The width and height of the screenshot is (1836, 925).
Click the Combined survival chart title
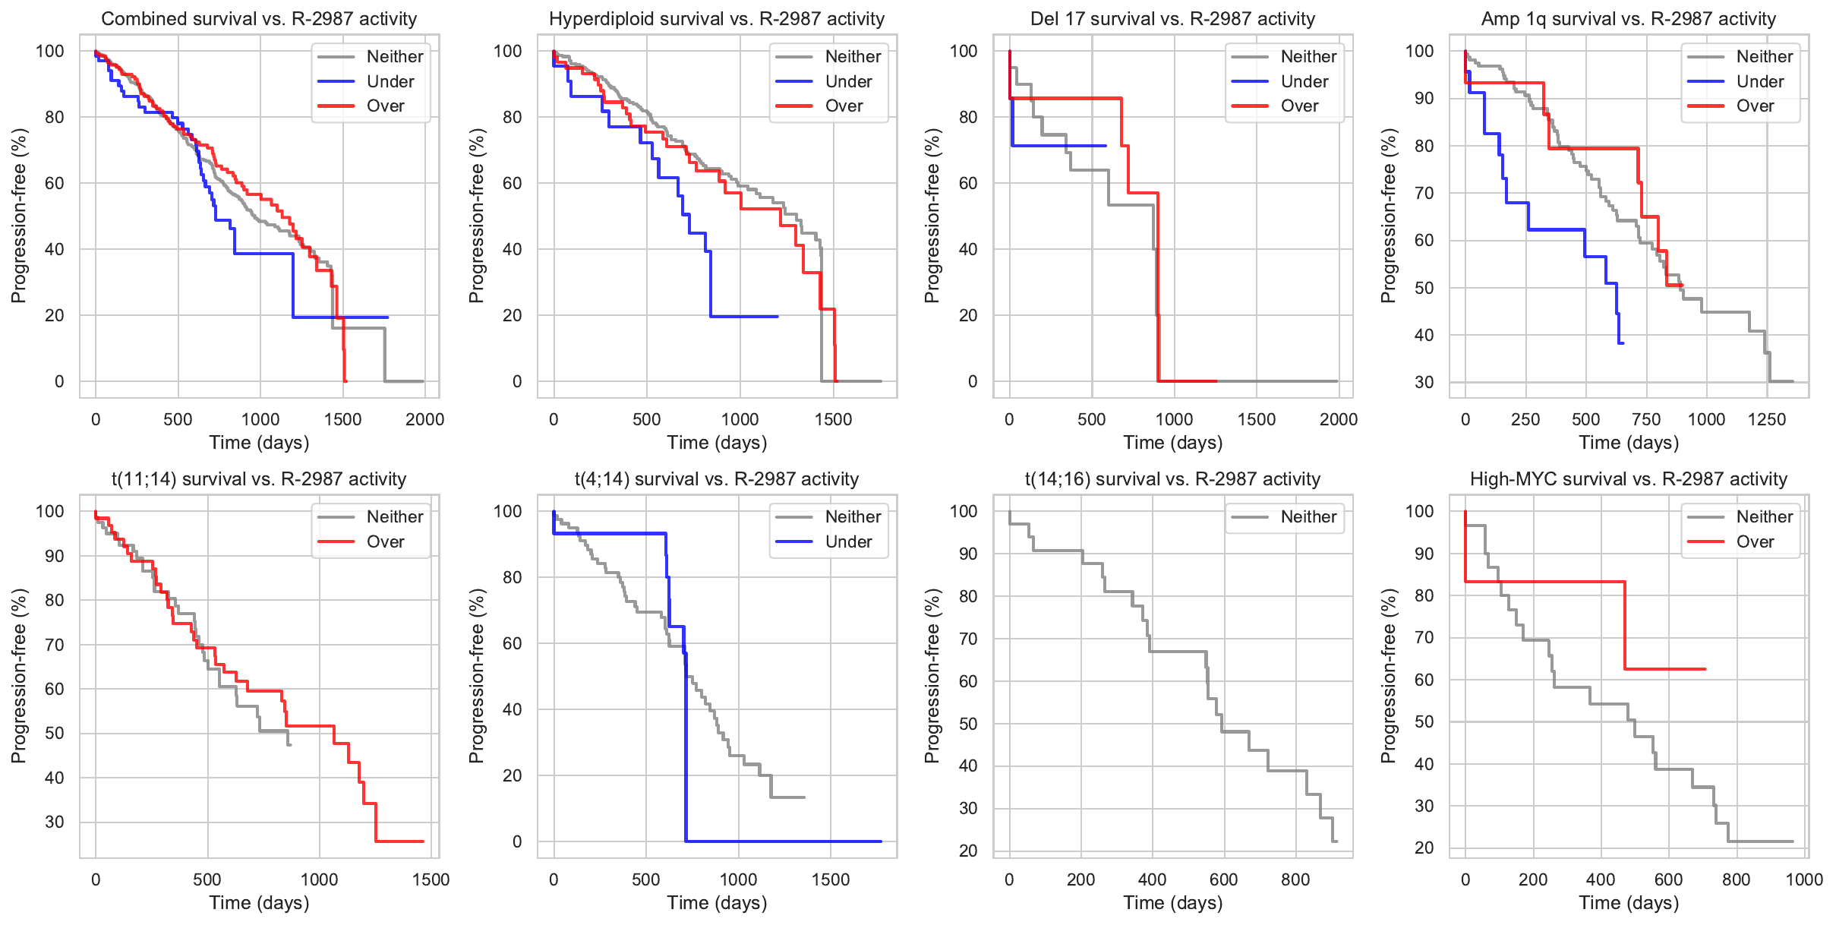tap(259, 19)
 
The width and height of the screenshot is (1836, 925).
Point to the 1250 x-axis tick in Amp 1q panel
tap(1766, 419)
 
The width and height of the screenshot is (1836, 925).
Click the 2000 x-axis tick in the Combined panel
tap(424, 419)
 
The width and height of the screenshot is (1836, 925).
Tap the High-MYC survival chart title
tap(1628, 479)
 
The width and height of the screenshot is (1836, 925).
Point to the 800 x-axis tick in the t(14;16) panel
tap(1295, 879)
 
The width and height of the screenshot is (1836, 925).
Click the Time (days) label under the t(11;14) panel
tap(259, 903)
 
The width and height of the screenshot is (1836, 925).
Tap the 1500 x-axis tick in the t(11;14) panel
tap(431, 879)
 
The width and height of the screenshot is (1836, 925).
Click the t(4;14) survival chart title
tap(716, 479)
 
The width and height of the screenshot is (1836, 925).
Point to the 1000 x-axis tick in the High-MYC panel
tap(1804, 879)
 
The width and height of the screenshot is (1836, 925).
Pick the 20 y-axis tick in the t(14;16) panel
tap(968, 851)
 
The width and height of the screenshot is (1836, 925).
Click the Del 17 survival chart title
tap(1172, 19)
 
